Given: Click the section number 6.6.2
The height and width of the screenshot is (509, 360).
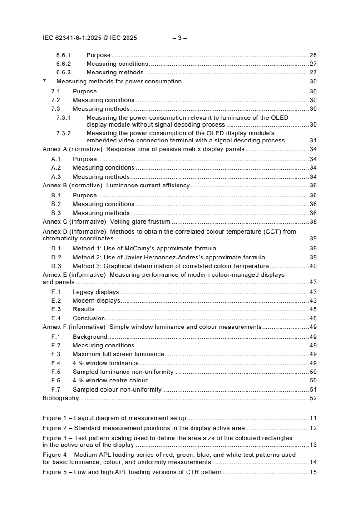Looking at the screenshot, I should click(64, 64).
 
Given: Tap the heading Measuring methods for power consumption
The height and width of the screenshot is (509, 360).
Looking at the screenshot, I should click(119, 82).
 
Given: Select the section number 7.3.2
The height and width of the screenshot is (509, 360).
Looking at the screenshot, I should click(64, 133).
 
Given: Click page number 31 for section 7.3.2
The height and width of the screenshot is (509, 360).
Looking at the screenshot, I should click(313, 141).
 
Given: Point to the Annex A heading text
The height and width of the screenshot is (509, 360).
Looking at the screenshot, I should click(143, 149).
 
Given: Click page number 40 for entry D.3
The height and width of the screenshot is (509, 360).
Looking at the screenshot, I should click(313, 266).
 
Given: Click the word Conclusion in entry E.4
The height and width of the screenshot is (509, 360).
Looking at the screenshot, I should click(89, 318).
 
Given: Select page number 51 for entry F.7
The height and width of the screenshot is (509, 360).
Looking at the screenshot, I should click(313, 389).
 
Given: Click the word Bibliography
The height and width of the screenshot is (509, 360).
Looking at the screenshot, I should click(60, 398).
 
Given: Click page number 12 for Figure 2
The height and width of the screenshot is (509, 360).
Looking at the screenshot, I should click(313, 428).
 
